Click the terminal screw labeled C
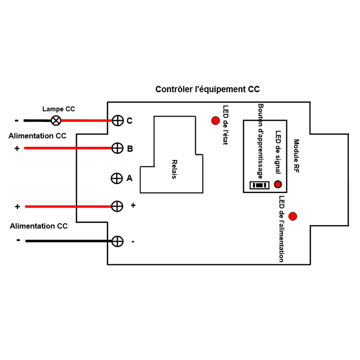coord(118,121)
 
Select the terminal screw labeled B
coord(118,148)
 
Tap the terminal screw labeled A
coord(116,178)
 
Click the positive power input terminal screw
coord(117,206)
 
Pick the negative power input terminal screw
coord(117,241)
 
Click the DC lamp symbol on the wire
coord(56,121)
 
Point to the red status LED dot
coord(215,121)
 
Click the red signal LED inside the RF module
coord(278,184)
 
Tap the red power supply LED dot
coord(293,216)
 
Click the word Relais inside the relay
coord(175,170)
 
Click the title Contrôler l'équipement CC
coord(207,89)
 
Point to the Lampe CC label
coord(59,109)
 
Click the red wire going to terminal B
coord(68,148)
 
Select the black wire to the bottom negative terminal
coord(68,241)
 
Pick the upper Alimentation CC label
coord(37,136)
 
